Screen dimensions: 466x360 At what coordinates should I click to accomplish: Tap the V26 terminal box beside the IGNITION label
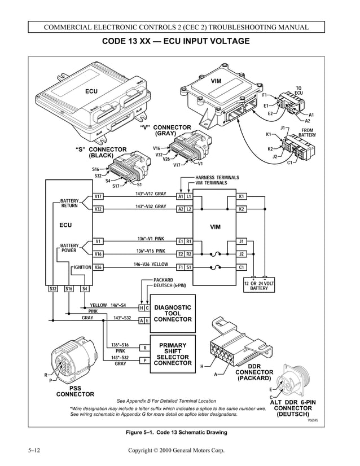coord(98,267)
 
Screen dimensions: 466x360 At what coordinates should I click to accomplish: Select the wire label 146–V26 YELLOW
coord(151,263)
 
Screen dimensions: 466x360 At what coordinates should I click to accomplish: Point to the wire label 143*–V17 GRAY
coord(151,194)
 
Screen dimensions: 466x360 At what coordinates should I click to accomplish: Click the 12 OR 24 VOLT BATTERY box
coord(259,285)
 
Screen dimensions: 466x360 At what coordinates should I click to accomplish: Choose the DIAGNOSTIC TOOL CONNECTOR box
coord(173,314)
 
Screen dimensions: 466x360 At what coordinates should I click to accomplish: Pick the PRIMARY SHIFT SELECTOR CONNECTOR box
coord(173,354)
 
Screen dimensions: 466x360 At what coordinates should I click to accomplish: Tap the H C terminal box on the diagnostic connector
coord(144,308)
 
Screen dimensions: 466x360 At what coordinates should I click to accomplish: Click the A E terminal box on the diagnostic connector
coord(144,320)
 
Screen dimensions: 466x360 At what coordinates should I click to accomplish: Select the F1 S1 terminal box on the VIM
coord(185,267)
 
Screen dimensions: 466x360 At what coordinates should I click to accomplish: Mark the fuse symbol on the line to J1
coord(216,241)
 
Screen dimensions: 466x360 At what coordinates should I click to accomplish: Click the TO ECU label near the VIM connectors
coord(298,91)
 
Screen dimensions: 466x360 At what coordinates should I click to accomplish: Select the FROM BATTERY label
coord(308,133)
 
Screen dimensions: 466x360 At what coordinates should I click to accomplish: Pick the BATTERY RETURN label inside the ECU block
coord(69,203)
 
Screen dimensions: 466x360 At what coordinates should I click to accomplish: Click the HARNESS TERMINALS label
coord(217,178)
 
